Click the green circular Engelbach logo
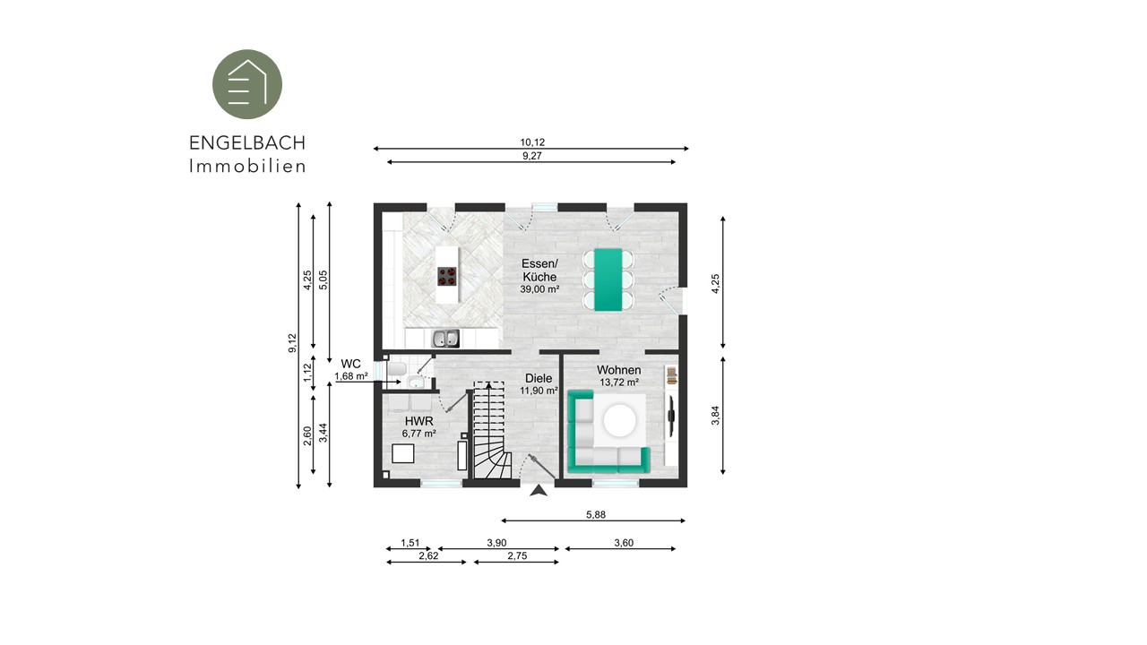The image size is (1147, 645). click(x=247, y=84)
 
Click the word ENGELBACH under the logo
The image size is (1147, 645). click(x=247, y=143)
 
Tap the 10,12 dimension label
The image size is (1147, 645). click(x=532, y=142)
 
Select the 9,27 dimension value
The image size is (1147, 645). click(x=532, y=156)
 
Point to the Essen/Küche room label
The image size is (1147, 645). click(x=539, y=271)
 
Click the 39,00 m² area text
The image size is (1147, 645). click(x=539, y=289)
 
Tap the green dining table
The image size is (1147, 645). click(x=608, y=280)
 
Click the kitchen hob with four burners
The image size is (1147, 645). click(x=447, y=277)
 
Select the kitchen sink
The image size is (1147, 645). click(x=445, y=339)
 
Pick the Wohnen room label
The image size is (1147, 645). click(x=618, y=370)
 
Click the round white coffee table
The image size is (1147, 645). click(x=619, y=421)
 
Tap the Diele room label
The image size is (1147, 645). click(x=539, y=378)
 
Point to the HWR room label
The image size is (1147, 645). click(x=418, y=421)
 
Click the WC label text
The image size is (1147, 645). click(x=350, y=364)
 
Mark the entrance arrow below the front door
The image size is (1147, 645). click(x=539, y=491)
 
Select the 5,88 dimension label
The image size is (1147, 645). click(x=596, y=514)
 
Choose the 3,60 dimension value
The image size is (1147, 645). click(x=624, y=543)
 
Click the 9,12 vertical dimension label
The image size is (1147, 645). click(x=292, y=343)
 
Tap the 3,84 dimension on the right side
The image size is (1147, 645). click(x=715, y=415)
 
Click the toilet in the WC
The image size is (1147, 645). click(x=397, y=369)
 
